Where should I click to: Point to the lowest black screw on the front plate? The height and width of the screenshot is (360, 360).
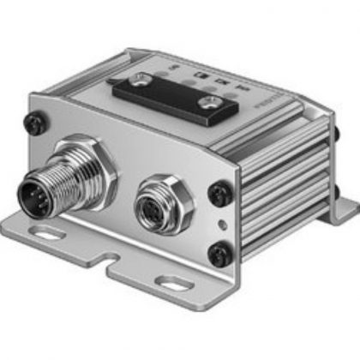(x=221, y=255)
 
